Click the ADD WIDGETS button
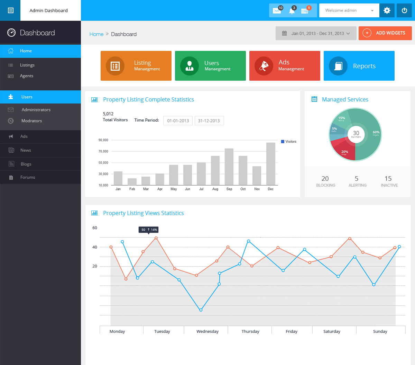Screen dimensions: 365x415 click(385, 33)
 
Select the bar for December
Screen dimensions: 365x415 click(271, 164)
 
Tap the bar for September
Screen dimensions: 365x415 click(229, 167)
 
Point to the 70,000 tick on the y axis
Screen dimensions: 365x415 click(103, 151)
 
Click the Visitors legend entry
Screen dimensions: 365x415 click(289, 142)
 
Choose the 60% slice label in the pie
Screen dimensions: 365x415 click(376, 133)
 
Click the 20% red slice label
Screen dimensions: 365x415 click(344, 152)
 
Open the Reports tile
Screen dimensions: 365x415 click(359, 66)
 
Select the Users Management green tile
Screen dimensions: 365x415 click(210, 66)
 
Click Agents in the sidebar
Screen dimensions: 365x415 click(27, 76)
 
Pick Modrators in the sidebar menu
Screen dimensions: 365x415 click(31, 121)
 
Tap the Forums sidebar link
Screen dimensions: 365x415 click(28, 177)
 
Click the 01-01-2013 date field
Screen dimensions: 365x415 click(178, 121)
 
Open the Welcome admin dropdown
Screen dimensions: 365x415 click(349, 10)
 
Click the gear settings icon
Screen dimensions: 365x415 click(387, 10)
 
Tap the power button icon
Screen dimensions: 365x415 click(404, 10)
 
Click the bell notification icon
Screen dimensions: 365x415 click(292, 11)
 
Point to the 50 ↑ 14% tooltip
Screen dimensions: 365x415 click(149, 230)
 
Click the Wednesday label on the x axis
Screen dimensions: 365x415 click(207, 331)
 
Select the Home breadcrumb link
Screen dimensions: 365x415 click(96, 34)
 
